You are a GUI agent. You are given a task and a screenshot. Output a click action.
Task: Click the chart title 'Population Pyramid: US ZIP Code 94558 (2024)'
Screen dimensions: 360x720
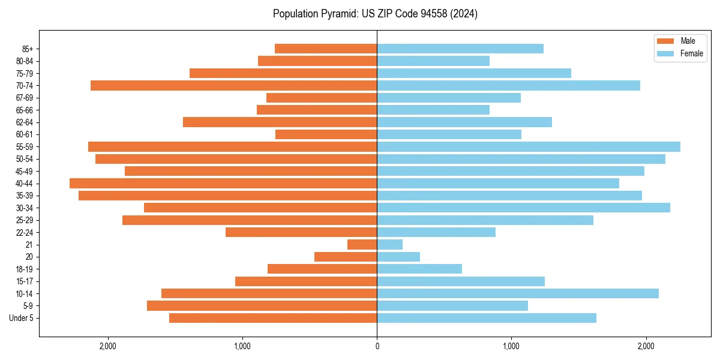click(x=375, y=14)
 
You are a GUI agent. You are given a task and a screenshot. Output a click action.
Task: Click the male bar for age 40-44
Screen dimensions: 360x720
click(x=223, y=183)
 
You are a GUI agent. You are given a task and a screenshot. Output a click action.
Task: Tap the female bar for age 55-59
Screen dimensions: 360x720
click(x=528, y=146)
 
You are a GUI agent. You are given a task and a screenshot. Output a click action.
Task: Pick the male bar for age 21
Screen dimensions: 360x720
click(x=362, y=244)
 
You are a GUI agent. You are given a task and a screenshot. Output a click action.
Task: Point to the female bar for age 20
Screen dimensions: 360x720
click(x=398, y=257)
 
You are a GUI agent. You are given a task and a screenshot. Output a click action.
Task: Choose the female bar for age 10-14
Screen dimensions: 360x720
click(x=517, y=293)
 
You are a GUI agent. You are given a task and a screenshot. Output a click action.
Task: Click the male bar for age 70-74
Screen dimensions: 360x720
click(x=233, y=85)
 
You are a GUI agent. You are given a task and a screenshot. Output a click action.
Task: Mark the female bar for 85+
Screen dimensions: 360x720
click(x=460, y=49)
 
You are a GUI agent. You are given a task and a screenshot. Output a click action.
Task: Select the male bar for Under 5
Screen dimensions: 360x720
click(x=273, y=318)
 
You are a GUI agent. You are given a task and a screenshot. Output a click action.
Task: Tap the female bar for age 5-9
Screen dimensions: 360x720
click(x=452, y=305)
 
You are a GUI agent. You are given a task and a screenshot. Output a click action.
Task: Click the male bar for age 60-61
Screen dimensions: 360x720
click(x=326, y=134)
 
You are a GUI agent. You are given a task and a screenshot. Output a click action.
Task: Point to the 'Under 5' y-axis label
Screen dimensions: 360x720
click(x=22, y=318)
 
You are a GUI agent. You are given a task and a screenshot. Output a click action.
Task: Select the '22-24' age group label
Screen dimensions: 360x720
click(x=25, y=232)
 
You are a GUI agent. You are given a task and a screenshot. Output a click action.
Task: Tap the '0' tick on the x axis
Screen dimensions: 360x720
click(x=377, y=346)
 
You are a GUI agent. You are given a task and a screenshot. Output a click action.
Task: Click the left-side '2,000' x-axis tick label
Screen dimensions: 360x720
click(x=108, y=346)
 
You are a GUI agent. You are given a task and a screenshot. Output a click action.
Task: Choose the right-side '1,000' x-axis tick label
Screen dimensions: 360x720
click(x=511, y=346)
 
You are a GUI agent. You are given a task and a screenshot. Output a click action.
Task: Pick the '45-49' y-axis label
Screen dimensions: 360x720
click(x=25, y=171)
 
